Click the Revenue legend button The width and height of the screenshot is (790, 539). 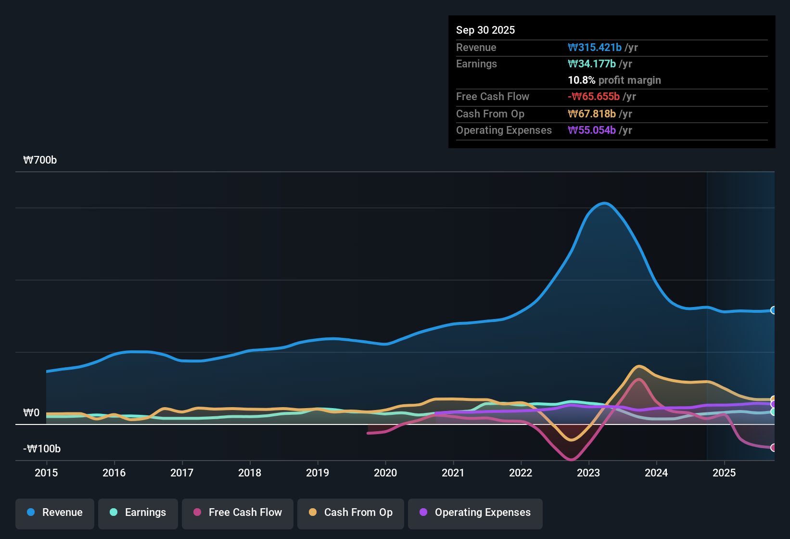[x=55, y=513]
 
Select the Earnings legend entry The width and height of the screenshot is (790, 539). [x=138, y=513]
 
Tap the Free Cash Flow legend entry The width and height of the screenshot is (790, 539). [x=238, y=513]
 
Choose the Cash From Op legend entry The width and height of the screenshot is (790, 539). [x=351, y=513]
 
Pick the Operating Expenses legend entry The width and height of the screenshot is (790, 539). [x=475, y=513]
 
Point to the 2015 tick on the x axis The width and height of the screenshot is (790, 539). [x=46, y=473]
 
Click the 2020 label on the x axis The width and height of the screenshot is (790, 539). [x=385, y=473]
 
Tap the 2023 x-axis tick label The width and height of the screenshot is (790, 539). [x=588, y=473]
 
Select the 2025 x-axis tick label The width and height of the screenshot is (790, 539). [x=724, y=473]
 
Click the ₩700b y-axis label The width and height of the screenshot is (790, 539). [x=40, y=160]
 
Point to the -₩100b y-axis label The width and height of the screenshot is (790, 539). [x=42, y=449]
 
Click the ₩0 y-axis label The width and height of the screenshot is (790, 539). [x=31, y=413]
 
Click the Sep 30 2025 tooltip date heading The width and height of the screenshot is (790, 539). [x=485, y=30]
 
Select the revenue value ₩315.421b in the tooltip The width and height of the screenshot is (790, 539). [x=595, y=47]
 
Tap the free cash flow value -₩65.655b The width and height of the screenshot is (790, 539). [x=594, y=96]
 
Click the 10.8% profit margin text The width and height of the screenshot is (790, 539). [x=614, y=80]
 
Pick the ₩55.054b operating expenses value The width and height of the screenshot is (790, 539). [x=592, y=130]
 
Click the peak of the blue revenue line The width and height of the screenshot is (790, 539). [x=604, y=203]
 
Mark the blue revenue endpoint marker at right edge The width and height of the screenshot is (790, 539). [x=773, y=310]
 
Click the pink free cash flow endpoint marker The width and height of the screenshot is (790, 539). [x=773, y=448]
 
